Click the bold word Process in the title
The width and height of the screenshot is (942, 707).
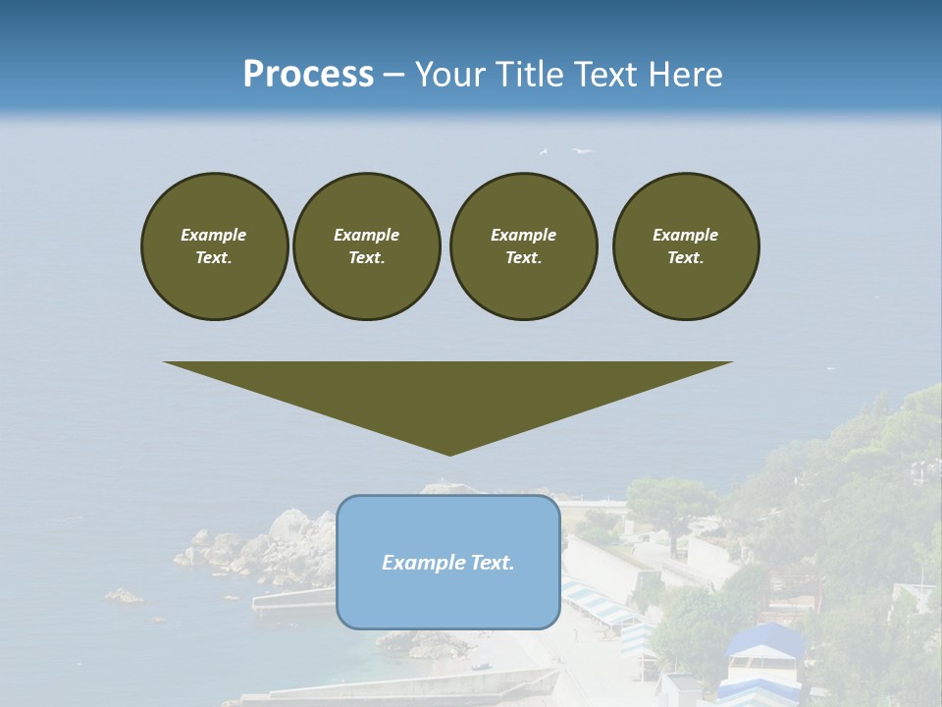(x=308, y=75)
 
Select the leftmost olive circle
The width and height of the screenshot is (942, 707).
(x=215, y=245)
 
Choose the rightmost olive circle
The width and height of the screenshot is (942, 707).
(x=686, y=245)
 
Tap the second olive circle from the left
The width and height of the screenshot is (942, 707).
(x=367, y=245)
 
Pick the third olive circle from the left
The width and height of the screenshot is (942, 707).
(x=524, y=245)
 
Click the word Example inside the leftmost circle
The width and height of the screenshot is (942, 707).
(x=214, y=235)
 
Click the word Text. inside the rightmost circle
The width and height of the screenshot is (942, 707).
(x=686, y=258)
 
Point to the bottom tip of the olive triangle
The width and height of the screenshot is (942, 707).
(x=449, y=454)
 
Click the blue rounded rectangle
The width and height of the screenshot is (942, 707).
(x=448, y=562)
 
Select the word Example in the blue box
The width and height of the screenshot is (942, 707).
(x=419, y=563)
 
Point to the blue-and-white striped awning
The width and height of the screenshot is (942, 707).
(x=599, y=601)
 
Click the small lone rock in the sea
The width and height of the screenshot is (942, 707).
(x=124, y=595)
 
